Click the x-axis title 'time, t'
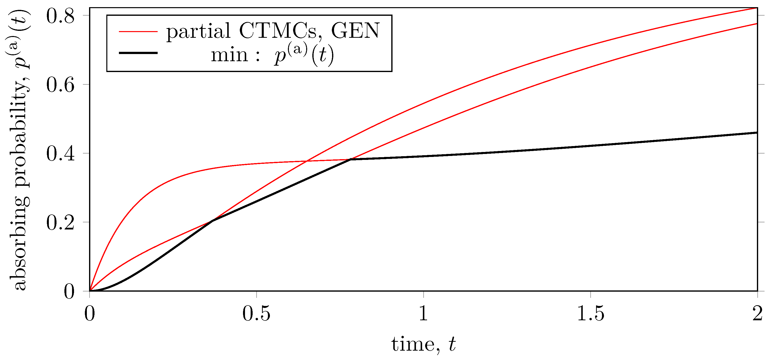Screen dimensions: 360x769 (424, 344)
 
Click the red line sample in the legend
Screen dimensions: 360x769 (138, 31)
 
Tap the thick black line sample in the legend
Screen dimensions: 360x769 (138, 53)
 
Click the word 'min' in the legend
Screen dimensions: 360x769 (229, 55)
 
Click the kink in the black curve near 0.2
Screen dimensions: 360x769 (212, 221)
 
